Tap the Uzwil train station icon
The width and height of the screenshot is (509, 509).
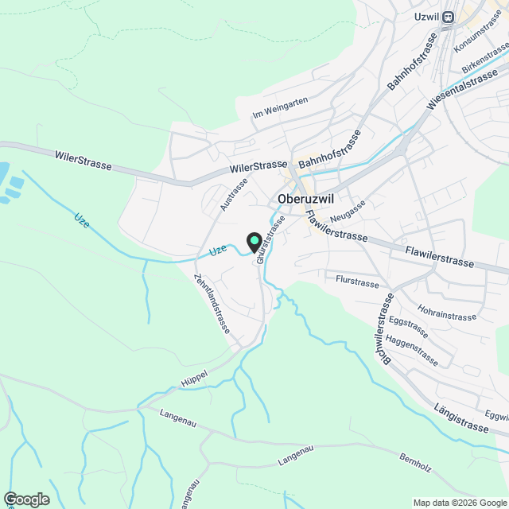[449, 16]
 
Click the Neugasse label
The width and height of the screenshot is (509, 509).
[348, 210]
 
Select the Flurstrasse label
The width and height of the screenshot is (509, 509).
[357, 282]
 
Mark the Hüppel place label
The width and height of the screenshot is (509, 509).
[194, 373]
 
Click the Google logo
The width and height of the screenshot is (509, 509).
[25, 499]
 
